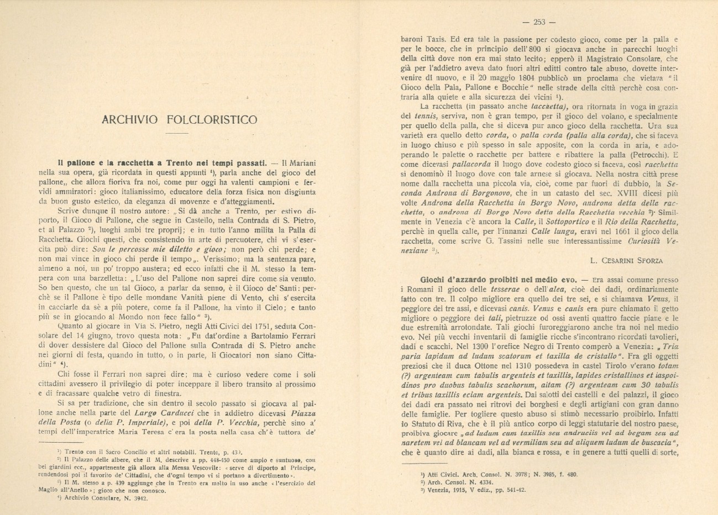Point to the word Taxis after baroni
click(437, 40)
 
